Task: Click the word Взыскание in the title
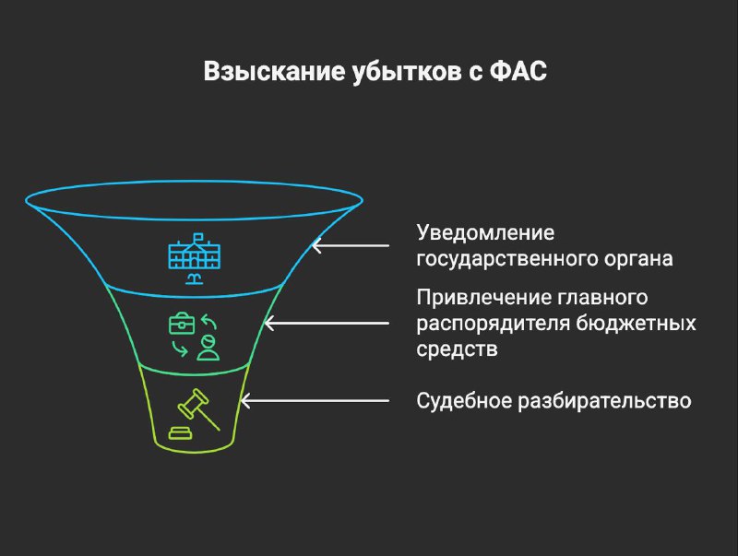coord(274,72)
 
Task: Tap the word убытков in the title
coord(407,72)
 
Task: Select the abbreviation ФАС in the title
coord(518,72)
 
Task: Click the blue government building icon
coord(195,258)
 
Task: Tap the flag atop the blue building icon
coord(198,237)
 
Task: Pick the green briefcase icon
coord(182,323)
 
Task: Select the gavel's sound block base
coord(180,432)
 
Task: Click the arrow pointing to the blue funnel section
coord(351,245)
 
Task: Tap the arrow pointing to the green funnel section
coord(327,323)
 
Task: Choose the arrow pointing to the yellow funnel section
coord(315,401)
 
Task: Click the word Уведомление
coord(485,233)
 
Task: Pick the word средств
coord(457,350)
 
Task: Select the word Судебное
coord(464,401)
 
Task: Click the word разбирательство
coord(604,402)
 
